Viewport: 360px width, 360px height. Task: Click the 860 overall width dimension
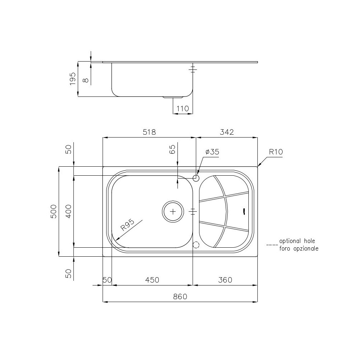tap(180, 297)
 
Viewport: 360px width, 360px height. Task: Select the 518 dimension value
tap(149, 132)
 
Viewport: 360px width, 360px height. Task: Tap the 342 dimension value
tap(227, 132)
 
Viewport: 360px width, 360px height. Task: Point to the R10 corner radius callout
tap(276, 152)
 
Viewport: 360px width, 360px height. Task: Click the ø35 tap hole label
tap(212, 152)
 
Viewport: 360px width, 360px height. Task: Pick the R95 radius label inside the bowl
tap(127, 225)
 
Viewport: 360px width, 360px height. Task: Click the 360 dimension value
tap(225, 280)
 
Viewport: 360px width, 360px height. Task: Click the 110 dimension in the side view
tap(183, 108)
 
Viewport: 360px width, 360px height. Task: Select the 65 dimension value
tap(172, 149)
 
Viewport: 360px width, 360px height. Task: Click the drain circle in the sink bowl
tap(173, 211)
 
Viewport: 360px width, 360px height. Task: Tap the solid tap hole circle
tap(196, 178)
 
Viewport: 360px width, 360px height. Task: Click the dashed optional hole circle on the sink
tap(196, 245)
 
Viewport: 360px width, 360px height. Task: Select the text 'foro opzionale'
tap(298, 248)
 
